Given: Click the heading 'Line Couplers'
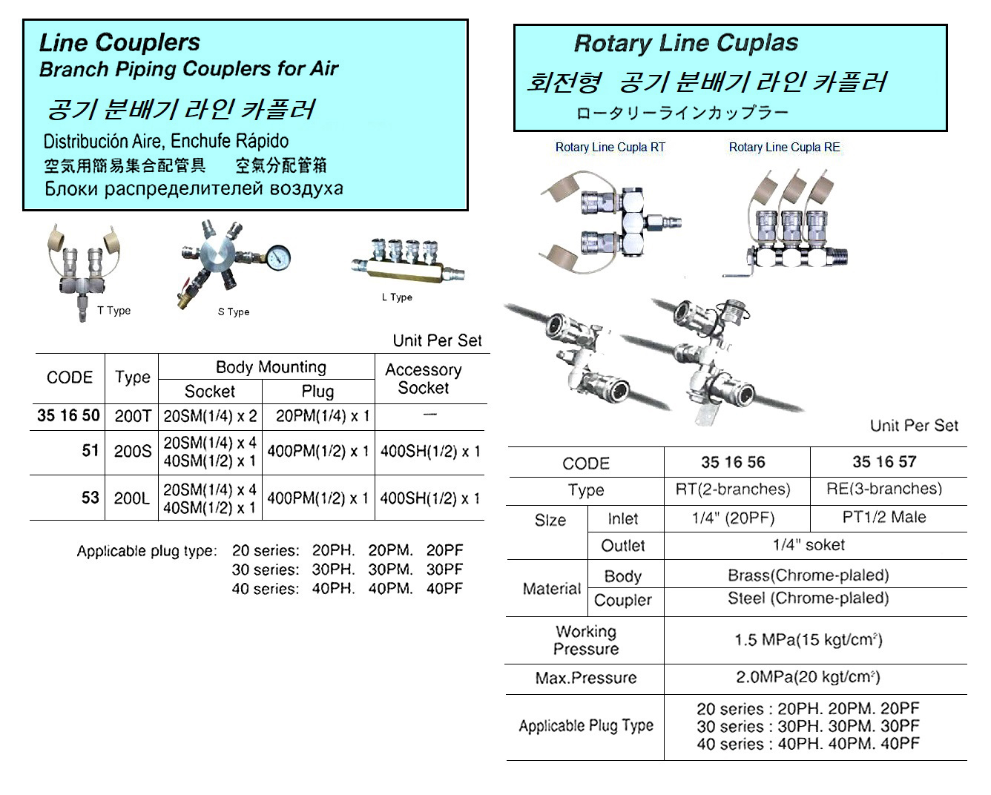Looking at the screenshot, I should coord(119,43).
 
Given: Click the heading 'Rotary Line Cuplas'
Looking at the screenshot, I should coord(686,44).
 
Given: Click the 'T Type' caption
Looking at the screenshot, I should coord(113,311).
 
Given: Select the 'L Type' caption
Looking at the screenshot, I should coord(397,297).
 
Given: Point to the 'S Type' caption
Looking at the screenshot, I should coord(234,312).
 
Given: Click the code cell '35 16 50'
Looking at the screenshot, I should coord(68,415).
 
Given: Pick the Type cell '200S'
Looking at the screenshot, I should coord(133,451).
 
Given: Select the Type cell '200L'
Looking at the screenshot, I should coord(133,498).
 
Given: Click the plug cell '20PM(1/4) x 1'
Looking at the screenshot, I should coord(323,416).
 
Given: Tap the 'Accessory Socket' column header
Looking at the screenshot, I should coord(424,378).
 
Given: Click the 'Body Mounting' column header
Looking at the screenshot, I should coord(271,367).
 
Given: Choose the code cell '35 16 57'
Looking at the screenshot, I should coord(884,462).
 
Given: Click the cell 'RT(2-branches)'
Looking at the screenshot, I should coord(733,489).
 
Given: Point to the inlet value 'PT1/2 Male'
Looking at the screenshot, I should coord(884,517).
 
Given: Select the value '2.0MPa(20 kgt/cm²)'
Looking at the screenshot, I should coord(808,677).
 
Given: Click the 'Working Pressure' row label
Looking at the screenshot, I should coord(586,640).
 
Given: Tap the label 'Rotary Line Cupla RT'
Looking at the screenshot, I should coord(610,148).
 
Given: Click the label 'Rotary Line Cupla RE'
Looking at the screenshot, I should coord(785,148).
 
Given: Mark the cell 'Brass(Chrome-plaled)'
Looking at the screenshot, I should coord(808,575).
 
